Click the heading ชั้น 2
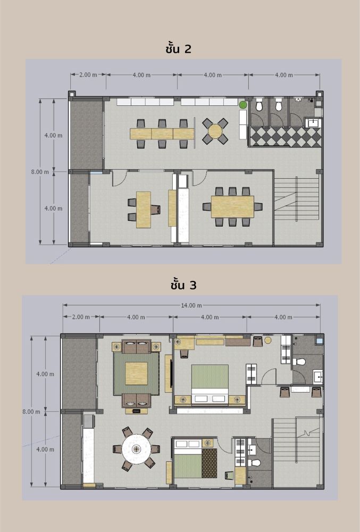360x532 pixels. pos(179,48)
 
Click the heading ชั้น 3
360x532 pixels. pos(183,285)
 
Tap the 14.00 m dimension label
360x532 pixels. pos(191,305)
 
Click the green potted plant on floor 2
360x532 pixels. pos(242,105)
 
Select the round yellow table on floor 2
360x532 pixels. pos(215,131)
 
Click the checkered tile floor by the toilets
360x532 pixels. pos(285,137)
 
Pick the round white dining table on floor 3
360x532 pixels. pos(137,449)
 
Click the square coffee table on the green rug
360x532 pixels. pos(136,373)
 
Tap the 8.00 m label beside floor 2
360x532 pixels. pos(40,172)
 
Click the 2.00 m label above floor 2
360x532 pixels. pos(88,74)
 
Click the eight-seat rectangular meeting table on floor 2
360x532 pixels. pos(232,206)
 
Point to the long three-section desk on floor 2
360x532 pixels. pos(162,134)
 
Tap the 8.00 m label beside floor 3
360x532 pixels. pos(31,412)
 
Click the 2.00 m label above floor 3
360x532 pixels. pos(81,317)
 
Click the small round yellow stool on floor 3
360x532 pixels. pos(268,340)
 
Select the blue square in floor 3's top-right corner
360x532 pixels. pos(319,339)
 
